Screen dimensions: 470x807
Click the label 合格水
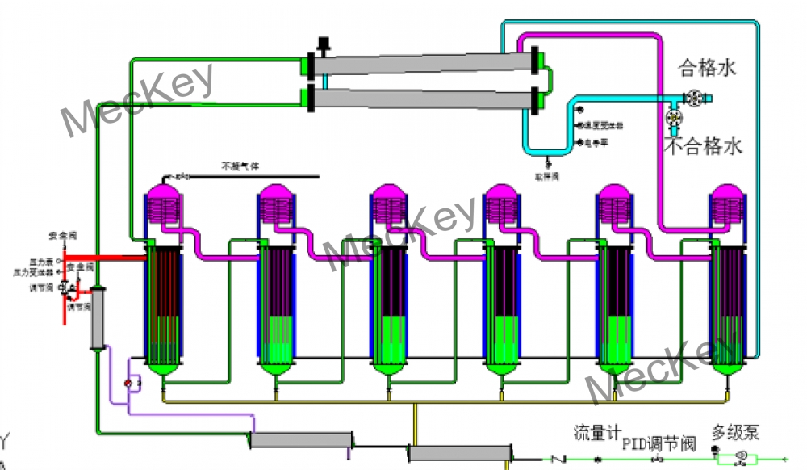[708, 68]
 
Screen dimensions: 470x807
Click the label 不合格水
[703, 146]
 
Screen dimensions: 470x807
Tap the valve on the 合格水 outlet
[693, 98]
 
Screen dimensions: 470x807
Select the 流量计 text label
[589, 434]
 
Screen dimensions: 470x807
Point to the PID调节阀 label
[658, 443]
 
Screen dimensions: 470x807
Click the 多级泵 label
[735, 433]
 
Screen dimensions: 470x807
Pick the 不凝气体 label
[240, 167]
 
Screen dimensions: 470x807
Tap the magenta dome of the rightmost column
[727, 194]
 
